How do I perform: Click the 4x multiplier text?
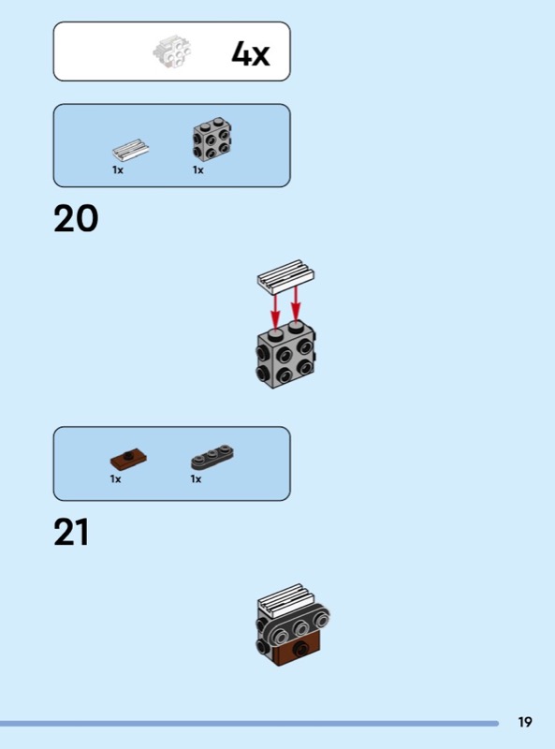pyautogui.click(x=251, y=53)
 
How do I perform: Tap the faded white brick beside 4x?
pyautogui.click(x=172, y=51)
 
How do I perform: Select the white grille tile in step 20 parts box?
pyautogui.click(x=130, y=150)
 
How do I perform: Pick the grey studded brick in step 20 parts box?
pyautogui.click(x=212, y=139)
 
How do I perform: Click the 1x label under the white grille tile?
pyautogui.click(x=118, y=169)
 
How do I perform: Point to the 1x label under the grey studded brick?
pyautogui.click(x=198, y=169)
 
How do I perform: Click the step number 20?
pyautogui.click(x=76, y=219)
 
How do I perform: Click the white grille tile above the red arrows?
pyautogui.click(x=285, y=276)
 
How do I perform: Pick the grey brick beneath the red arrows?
pyautogui.click(x=285, y=356)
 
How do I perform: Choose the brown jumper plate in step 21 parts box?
pyautogui.click(x=128, y=459)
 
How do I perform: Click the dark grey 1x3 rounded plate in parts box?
pyautogui.click(x=212, y=457)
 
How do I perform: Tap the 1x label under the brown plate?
pyautogui.click(x=115, y=478)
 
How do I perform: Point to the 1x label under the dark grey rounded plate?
pyautogui.click(x=196, y=478)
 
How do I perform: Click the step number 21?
pyautogui.click(x=72, y=532)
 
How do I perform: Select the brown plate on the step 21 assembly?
pyautogui.click(x=296, y=651)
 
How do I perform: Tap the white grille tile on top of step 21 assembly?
pyautogui.click(x=286, y=599)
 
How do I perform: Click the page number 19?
pyautogui.click(x=525, y=722)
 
